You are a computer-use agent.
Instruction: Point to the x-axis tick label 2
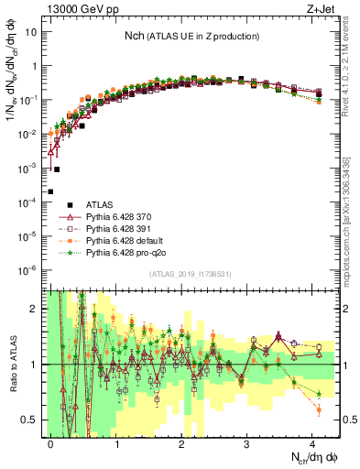pos(181,441)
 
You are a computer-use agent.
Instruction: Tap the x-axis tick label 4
pos(312,441)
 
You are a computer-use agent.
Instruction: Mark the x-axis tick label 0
pos(51,441)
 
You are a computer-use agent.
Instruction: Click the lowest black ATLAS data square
pos(50,191)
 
